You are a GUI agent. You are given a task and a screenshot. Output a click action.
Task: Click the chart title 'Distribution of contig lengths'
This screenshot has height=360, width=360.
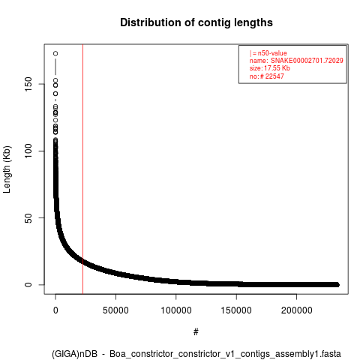click(196, 22)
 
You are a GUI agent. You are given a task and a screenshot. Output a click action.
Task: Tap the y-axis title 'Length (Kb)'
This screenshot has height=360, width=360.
click(7, 169)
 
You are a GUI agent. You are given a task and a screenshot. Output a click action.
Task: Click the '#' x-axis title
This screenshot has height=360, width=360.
click(196, 332)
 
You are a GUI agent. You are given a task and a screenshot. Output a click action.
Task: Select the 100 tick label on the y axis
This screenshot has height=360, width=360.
click(28, 151)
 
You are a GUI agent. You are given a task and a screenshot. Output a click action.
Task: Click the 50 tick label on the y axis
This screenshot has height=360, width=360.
click(28, 217)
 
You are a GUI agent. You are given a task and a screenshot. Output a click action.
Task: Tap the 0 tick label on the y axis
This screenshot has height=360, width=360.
click(28, 284)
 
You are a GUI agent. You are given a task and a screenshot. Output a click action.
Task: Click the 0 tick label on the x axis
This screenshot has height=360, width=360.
click(55, 310)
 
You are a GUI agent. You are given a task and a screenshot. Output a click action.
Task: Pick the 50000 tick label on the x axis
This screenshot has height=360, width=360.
click(115, 310)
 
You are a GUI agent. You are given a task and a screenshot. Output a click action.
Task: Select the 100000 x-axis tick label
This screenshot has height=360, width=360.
click(176, 310)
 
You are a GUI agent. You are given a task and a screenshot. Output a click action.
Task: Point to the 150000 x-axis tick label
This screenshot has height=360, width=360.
click(236, 310)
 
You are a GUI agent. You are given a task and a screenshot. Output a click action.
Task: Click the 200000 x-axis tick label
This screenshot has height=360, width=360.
click(297, 310)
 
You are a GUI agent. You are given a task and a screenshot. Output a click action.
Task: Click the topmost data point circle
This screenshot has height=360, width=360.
click(55, 53)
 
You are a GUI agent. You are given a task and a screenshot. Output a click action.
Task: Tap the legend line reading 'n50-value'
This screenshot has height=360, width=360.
click(268, 53)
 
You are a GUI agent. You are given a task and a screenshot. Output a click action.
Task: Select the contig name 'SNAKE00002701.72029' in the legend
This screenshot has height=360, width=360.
click(307, 61)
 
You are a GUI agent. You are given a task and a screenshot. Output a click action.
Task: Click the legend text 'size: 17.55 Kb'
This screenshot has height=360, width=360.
click(270, 68)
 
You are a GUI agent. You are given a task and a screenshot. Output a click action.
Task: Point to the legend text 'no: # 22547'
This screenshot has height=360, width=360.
click(267, 76)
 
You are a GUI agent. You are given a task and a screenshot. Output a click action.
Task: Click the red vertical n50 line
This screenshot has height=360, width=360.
click(82, 169)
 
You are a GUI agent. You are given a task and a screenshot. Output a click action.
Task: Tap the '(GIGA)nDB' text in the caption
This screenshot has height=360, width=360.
click(74, 354)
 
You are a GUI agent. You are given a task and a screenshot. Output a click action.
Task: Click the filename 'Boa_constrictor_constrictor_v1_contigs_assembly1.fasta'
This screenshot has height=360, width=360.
click(225, 354)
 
